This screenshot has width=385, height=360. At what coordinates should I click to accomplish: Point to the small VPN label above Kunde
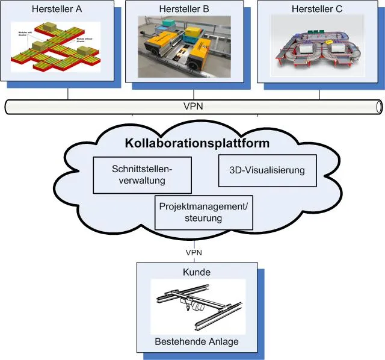click(x=194, y=252)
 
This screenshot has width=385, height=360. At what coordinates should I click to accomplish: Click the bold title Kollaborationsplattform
click(x=197, y=144)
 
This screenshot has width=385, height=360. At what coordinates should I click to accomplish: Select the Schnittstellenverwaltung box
click(x=143, y=175)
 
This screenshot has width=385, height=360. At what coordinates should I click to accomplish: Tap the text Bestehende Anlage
click(x=197, y=341)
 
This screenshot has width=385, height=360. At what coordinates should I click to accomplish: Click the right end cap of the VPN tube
click(x=379, y=107)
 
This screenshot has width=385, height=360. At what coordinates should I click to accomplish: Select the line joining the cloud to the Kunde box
click(x=194, y=241)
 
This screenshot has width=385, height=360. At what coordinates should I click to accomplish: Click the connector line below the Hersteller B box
click(x=194, y=95)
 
